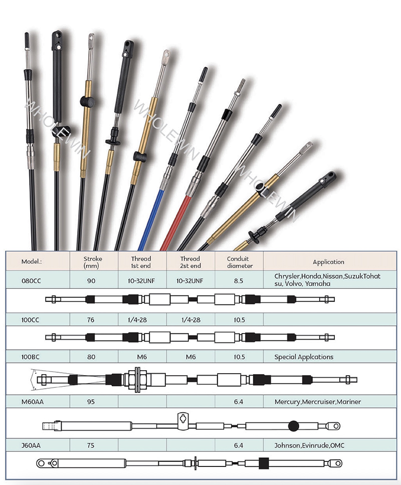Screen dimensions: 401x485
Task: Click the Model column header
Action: (x=31, y=262)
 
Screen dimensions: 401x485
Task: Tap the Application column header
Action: (x=328, y=262)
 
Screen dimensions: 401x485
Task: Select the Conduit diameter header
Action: (x=240, y=262)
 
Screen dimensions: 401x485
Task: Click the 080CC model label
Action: (x=31, y=281)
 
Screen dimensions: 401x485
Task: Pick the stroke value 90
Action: (x=91, y=281)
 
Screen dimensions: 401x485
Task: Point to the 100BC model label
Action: (x=30, y=357)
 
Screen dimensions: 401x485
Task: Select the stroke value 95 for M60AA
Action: (x=91, y=402)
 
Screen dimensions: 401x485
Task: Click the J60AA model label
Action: (x=31, y=445)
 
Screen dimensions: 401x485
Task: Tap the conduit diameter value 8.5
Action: (x=239, y=281)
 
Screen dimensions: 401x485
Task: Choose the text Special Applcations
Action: (x=304, y=357)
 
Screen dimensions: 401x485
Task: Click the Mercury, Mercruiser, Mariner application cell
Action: (x=318, y=402)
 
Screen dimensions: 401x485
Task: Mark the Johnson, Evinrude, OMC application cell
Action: (x=309, y=445)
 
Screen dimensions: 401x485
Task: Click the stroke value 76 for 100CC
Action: (x=91, y=320)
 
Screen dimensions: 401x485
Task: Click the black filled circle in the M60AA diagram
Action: (x=293, y=426)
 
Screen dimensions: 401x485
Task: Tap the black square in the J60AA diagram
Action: (x=264, y=463)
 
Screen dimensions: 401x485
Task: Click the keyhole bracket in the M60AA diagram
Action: (x=183, y=421)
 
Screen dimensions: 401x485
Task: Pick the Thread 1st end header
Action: (x=141, y=262)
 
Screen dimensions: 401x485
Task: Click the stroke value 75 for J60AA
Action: (x=91, y=445)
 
